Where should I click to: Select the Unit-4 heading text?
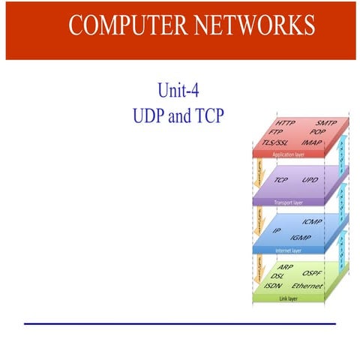pyautogui.click(x=178, y=92)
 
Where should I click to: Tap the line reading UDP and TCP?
pyautogui.click(x=178, y=118)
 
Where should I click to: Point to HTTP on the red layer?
pyautogui.click(x=286, y=123)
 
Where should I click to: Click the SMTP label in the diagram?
pyautogui.click(x=325, y=122)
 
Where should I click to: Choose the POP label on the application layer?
pyautogui.click(x=317, y=131)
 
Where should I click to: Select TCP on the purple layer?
pyautogui.click(x=281, y=181)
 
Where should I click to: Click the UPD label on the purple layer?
pyautogui.click(x=310, y=181)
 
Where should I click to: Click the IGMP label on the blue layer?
pyautogui.click(x=301, y=237)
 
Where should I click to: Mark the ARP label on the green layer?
pyautogui.click(x=286, y=267)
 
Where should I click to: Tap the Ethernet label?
pyautogui.click(x=307, y=286)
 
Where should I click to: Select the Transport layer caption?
pyautogui.click(x=287, y=202)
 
